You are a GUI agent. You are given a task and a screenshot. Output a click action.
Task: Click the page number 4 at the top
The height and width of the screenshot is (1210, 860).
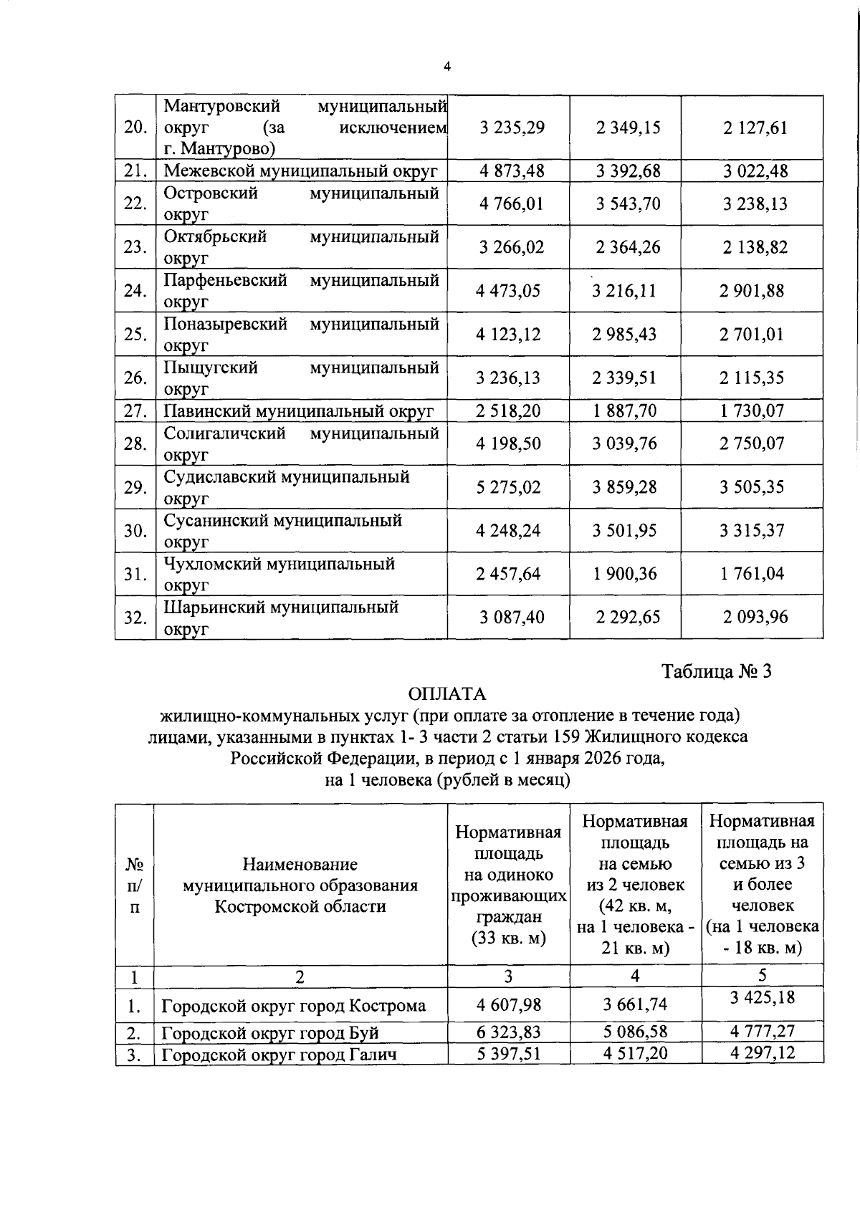[x=447, y=67]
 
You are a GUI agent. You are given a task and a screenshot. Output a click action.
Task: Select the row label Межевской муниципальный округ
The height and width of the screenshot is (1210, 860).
[x=300, y=171]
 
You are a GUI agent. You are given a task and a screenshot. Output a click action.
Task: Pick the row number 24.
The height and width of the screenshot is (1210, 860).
[x=135, y=291]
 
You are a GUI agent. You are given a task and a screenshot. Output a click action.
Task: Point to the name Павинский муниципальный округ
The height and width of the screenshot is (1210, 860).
[x=298, y=411]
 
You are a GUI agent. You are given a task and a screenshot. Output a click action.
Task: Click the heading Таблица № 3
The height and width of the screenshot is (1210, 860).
[x=716, y=672]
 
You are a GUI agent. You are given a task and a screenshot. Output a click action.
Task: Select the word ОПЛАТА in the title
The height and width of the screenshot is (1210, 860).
[x=446, y=694]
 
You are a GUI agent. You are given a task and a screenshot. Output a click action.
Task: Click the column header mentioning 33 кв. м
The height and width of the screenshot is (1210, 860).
[x=508, y=885]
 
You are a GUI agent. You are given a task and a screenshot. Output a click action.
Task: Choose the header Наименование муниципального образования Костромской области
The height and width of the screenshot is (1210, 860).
[x=300, y=885]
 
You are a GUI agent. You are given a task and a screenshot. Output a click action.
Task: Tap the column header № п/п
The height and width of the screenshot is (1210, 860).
[x=135, y=885]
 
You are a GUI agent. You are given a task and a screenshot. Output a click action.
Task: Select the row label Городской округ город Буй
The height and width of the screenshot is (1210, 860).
[x=269, y=1033]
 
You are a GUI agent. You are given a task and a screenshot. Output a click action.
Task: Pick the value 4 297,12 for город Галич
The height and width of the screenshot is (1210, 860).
[x=762, y=1052]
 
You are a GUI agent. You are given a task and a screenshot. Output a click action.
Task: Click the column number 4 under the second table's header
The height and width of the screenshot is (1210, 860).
[x=635, y=976]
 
